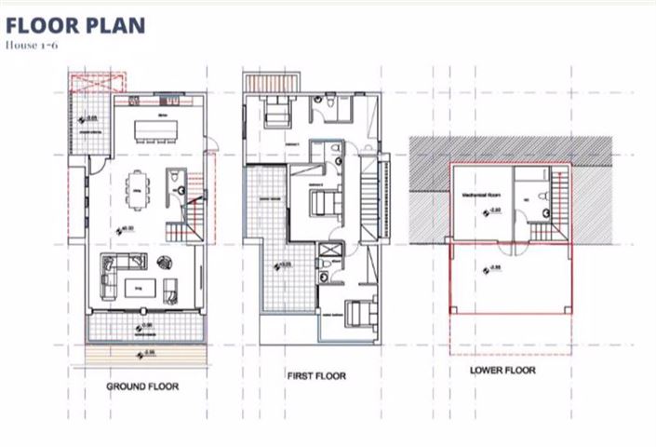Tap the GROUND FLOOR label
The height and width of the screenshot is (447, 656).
142,386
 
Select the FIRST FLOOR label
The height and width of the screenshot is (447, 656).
316,376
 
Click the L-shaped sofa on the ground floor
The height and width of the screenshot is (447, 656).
110,274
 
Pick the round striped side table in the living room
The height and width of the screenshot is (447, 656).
167,262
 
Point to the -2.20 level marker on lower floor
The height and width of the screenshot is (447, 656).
494,212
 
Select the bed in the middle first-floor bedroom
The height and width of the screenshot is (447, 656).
321,199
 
